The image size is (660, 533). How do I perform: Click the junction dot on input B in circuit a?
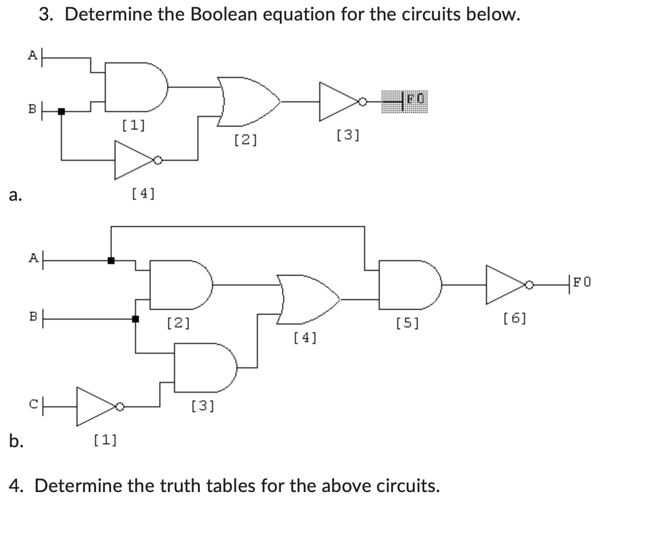[61, 111]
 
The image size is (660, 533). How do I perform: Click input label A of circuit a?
[32, 55]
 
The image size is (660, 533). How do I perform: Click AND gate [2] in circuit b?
[178, 285]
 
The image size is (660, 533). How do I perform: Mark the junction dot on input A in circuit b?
[111, 260]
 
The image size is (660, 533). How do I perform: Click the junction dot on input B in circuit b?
[135, 319]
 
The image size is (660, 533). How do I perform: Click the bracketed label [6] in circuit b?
[514, 319]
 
